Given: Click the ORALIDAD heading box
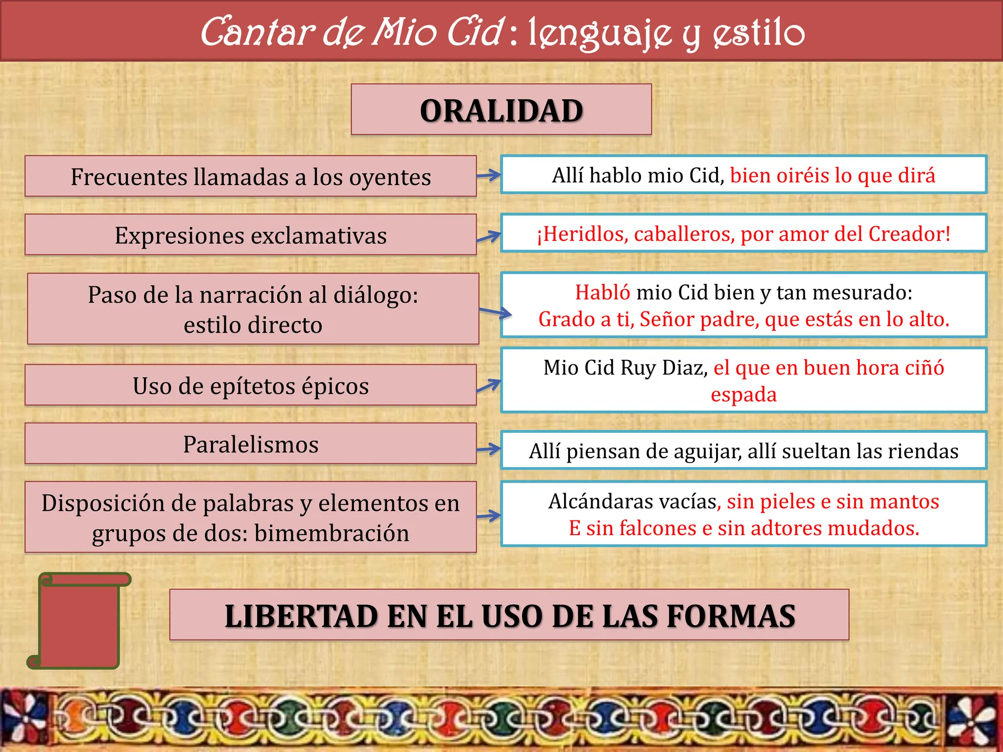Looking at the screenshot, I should coord(501,110).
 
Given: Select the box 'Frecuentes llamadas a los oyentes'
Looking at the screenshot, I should coord(250,177).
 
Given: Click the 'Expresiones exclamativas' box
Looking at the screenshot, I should coord(250,235).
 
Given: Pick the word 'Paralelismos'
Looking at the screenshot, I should coord(250,445).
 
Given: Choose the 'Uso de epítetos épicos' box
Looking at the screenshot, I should coord(250,386).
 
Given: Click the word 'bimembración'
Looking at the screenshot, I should coord(332,533).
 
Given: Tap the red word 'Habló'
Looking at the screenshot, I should coord(602,292).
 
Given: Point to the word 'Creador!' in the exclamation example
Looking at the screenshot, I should coord(909,234).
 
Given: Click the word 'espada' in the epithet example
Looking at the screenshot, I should coord(743,395).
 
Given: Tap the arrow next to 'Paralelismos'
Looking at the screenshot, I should coord(489,449).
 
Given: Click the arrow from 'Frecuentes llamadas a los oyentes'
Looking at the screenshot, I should coord(489,175).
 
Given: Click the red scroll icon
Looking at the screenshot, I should coord(78,621).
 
